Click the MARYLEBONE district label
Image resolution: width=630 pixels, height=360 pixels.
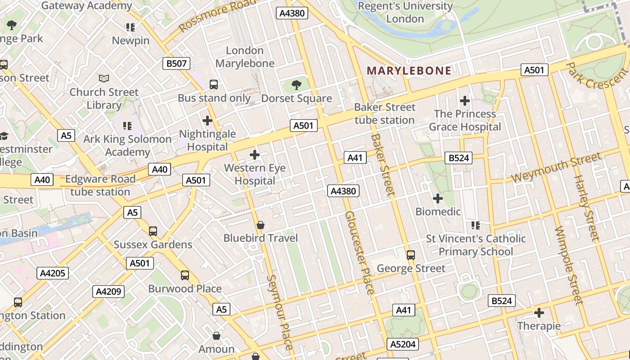click(x=409, y=71)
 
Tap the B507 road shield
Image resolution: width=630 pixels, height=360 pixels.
click(x=176, y=63)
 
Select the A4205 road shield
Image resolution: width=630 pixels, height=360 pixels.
click(x=53, y=273)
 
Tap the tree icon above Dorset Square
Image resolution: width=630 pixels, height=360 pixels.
click(x=297, y=84)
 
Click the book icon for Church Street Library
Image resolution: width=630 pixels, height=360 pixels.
click(x=104, y=78)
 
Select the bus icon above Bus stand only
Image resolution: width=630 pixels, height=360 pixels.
click(x=214, y=84)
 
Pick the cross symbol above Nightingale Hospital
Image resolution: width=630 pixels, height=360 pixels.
click(x=207, y=120)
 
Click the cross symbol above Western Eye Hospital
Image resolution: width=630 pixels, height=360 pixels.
click(x=255, y=155)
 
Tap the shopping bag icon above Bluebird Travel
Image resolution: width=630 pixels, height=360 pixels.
click(x=260, y=225)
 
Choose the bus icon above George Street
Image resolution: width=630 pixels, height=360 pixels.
click(x=410, y=255)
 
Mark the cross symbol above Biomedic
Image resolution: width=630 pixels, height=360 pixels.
click(x=437, y=198)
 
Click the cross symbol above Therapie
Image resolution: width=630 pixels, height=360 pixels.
click(x=539, y=312)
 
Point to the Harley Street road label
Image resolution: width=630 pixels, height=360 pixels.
click(x=586, y=207)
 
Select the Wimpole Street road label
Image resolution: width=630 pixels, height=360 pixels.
click(x=569, y=265)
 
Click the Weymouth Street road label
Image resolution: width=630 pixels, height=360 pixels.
click(x=556, y=167)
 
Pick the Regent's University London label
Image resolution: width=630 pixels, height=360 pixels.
click(x=405, y=12)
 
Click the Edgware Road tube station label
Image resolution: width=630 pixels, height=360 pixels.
click(x=100, y=185)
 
